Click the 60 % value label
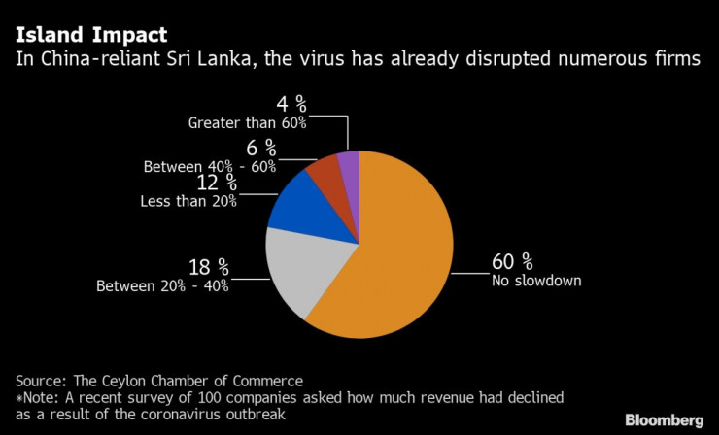pyautogui.click(x=512, y=262)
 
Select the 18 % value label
pyautogui.click(x=208, y=267)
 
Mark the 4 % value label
pyautogui.click(x=288, y=104)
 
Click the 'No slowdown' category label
pyautogui.click(x=536, y=283)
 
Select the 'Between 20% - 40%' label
pyautogui.click(x=162, y=286)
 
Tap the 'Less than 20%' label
pyautogui.click(x=189, y=201)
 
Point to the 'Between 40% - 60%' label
pyautogui.click(x=210, y=167)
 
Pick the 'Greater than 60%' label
pyautogui.click(x=248, y=123)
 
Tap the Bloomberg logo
pyautogui.click(x=664, y=419)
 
